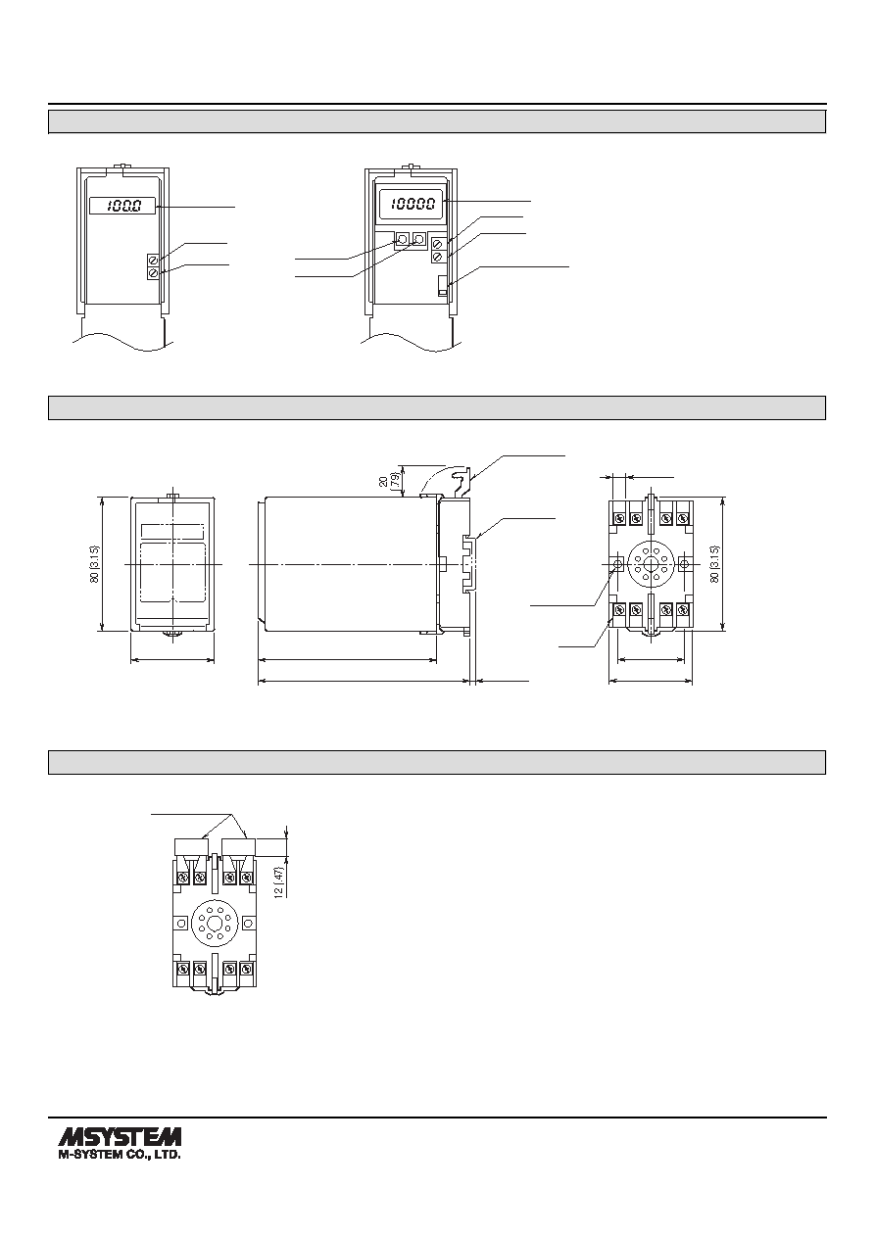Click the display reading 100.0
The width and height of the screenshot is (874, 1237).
click(122, 206)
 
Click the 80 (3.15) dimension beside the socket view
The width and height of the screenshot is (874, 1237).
click(715, 563)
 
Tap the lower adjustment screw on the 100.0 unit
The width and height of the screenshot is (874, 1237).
click(154, 273)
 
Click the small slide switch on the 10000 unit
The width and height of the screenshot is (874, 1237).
click(442, 286)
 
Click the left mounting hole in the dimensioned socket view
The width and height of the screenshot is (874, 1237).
click(617, 564)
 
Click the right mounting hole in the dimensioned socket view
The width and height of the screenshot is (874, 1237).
click(684, 564)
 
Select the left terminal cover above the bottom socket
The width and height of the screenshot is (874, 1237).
click(191, 846)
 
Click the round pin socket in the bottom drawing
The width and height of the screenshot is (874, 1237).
click(215, 923)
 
